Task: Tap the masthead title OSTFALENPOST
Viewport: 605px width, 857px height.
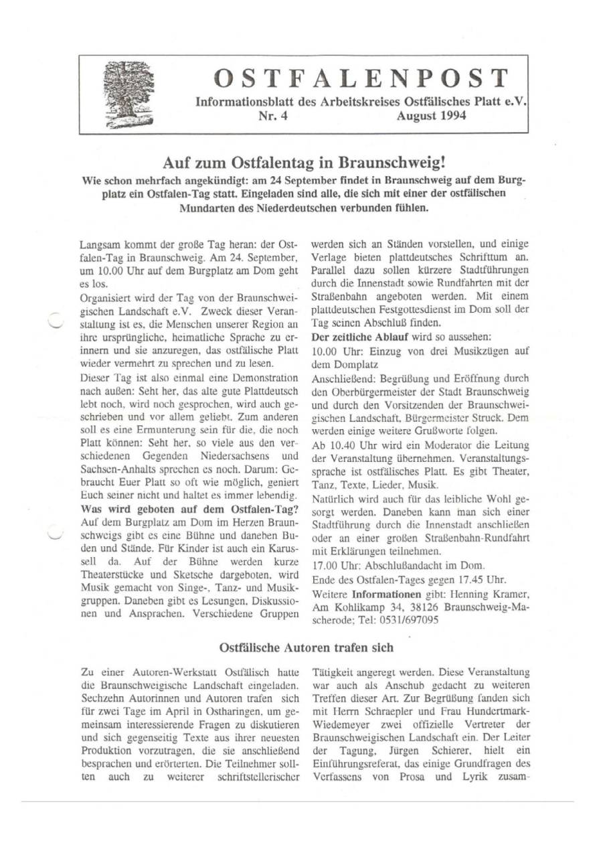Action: tap(361, 78)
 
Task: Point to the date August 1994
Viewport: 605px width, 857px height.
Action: tap(422, 116)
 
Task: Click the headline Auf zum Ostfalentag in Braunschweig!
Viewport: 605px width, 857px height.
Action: tap(304, 163)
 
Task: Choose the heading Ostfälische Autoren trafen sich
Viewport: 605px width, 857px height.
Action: tap(307, 647)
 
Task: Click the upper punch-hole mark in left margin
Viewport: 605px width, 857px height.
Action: tap(56, 321)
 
